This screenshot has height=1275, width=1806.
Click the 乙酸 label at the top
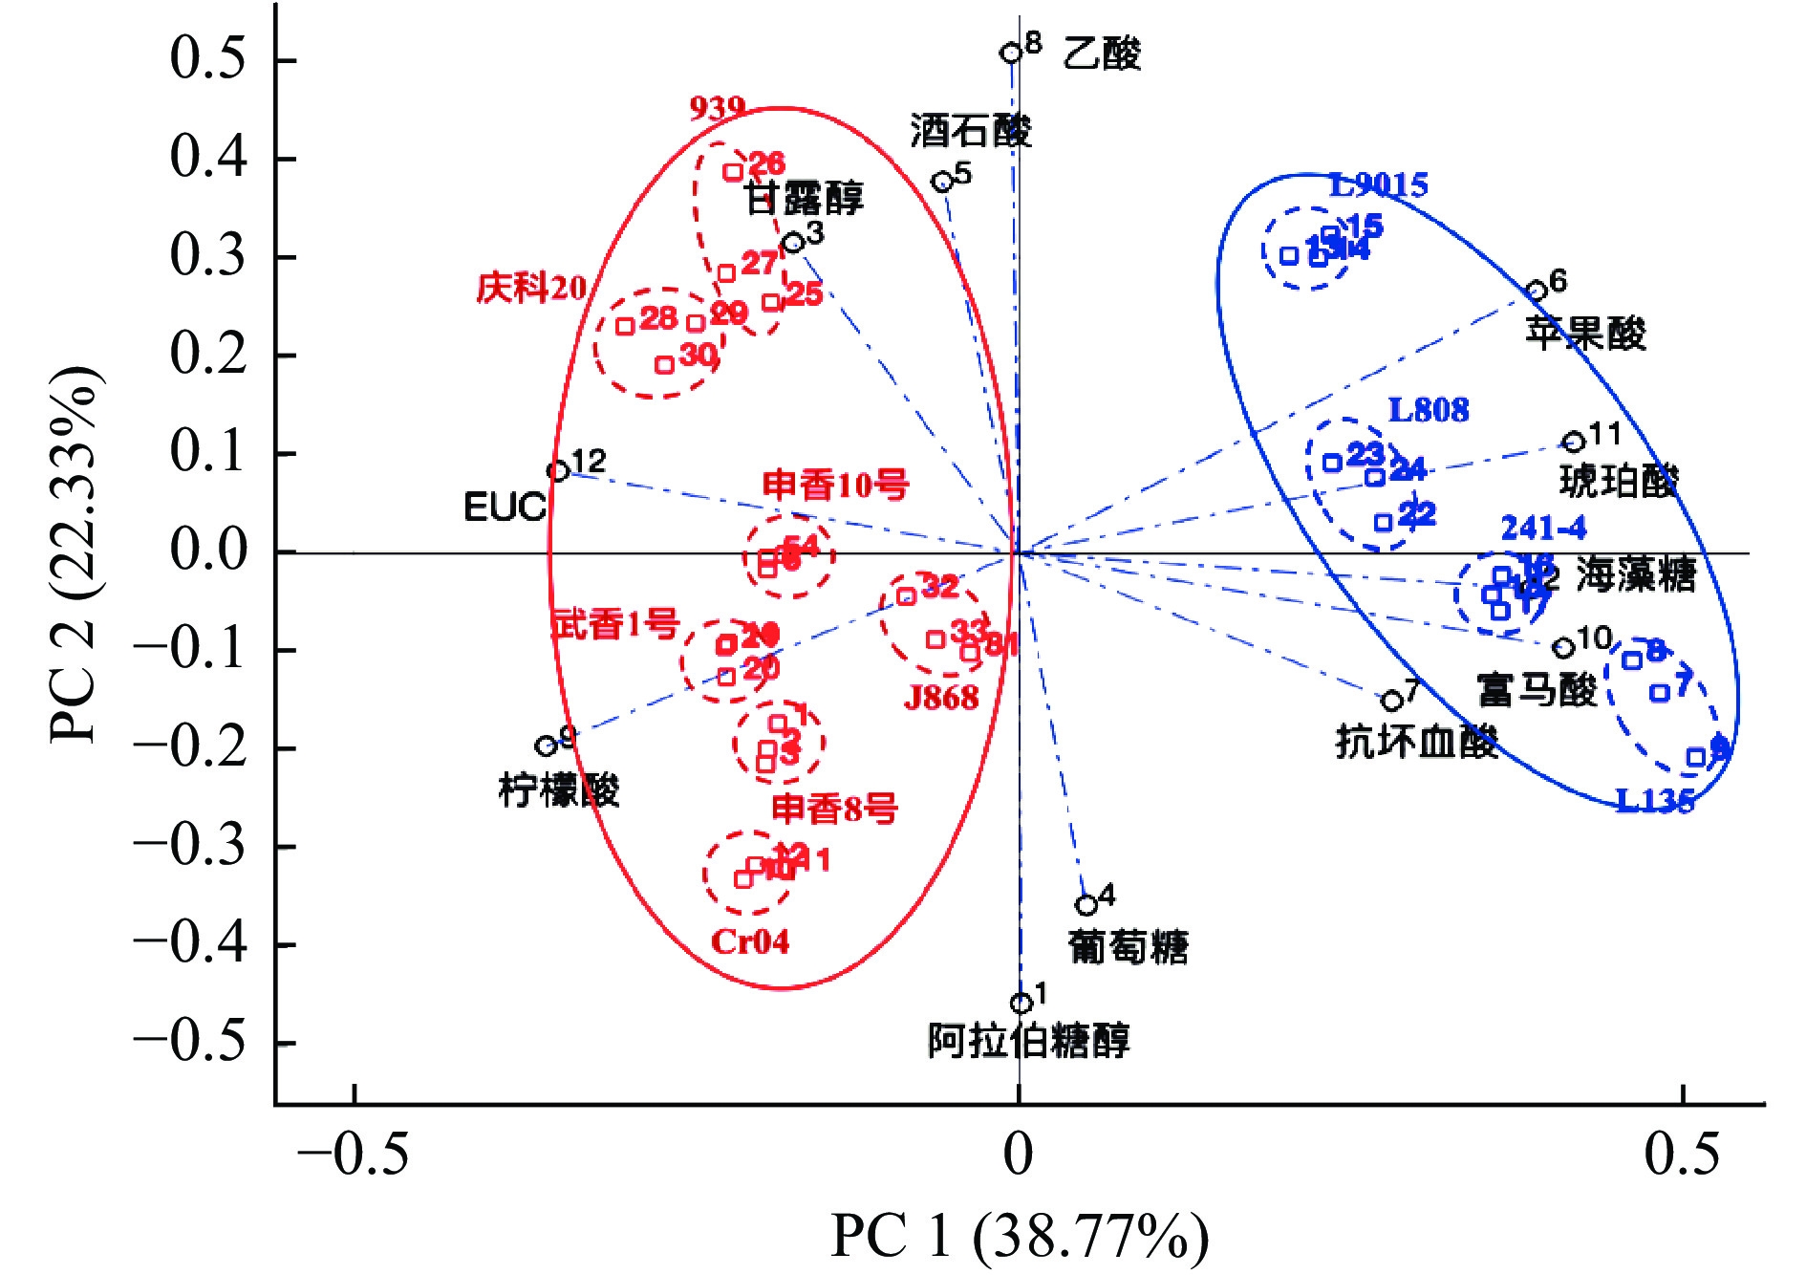(1102, 54)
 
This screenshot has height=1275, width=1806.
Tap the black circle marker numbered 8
(1011, 53)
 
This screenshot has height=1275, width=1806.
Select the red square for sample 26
(733, 173)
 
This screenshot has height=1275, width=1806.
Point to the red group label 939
(717, 108)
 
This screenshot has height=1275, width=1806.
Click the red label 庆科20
(531, 288)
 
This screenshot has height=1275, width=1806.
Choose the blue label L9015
(1378, 184)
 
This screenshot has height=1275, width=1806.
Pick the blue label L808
(1428, 410)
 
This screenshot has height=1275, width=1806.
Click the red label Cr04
(750, 942)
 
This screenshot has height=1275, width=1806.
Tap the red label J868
(941, 698)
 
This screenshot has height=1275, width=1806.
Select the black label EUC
(505, 508)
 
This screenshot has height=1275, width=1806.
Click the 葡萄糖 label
(1128, 947)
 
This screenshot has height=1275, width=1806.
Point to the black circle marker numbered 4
(1086, 904)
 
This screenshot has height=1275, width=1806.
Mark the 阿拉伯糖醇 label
(1028, 1040)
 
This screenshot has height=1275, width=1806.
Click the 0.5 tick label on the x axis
(1682, 1154)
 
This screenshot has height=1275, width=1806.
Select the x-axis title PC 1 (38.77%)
(1019, 1236)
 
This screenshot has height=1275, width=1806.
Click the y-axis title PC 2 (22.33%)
(74, 554)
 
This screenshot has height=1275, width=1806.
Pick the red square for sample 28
(625, 327)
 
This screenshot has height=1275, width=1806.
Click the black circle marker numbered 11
(1574, 442)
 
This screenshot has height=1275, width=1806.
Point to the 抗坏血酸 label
(1416, 741)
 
